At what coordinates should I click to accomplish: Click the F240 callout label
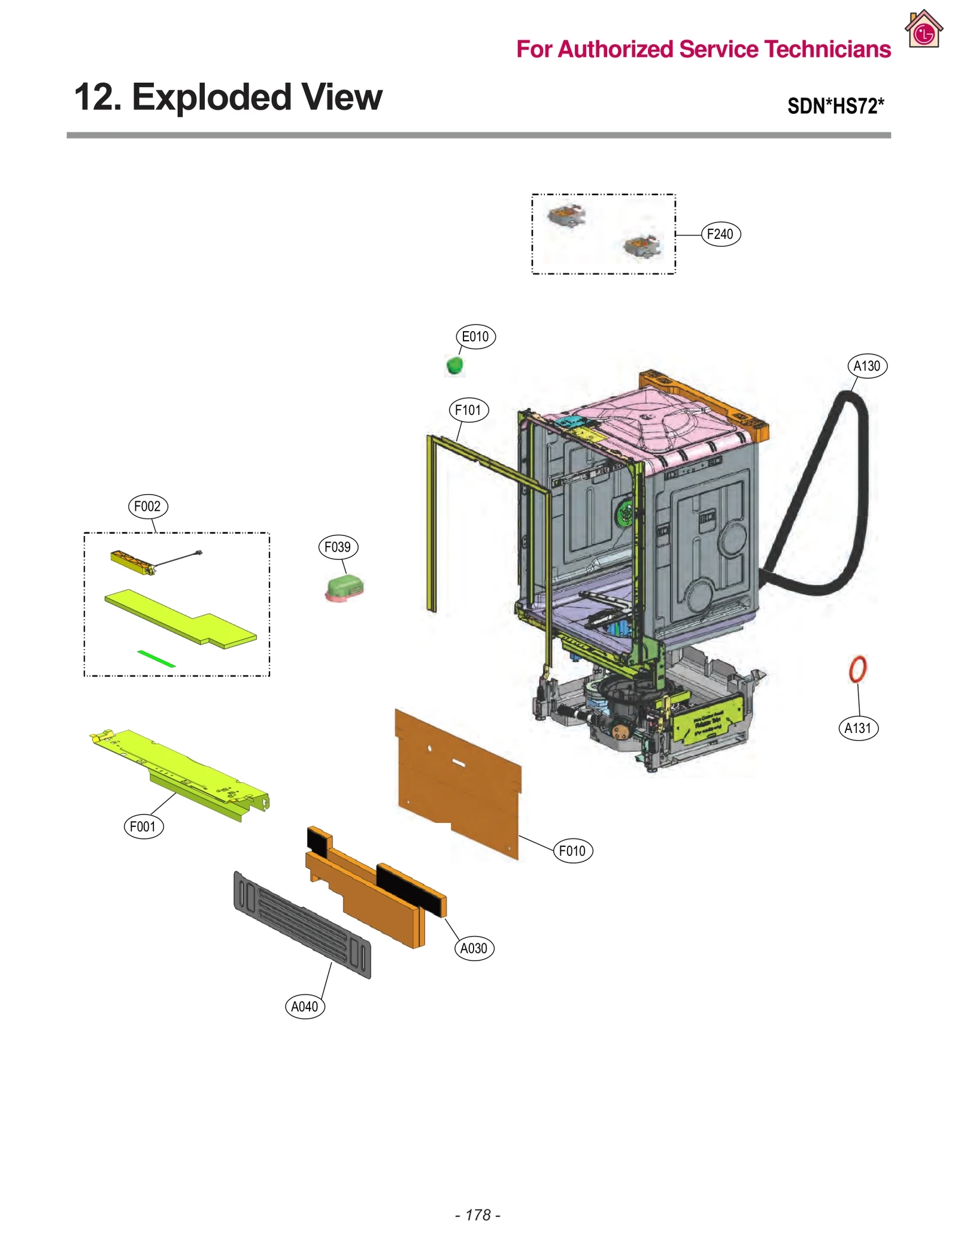click(720, 234)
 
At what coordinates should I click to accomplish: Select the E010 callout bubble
click(475, 337)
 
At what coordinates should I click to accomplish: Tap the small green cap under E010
click(455, 364)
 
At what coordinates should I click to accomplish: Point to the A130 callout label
click(867, 366)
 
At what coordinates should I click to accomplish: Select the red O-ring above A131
click(857, 669)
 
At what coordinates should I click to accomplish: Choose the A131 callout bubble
click(858, 728)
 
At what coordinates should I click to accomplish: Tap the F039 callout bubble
click(338, 547)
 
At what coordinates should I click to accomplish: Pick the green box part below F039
click(345, 587)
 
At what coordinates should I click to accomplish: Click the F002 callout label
click(148, 506)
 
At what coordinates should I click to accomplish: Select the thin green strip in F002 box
click(156, 658)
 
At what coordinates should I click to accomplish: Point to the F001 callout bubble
click(143, 826)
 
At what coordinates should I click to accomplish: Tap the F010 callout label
click(572, 850)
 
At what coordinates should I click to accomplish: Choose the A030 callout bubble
click(474, 948)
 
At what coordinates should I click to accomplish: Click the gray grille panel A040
click(302, 925)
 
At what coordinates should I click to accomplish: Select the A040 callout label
click(305, 1006)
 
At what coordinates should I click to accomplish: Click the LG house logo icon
click(923, 30)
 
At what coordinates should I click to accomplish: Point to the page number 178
click(478, 1214)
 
